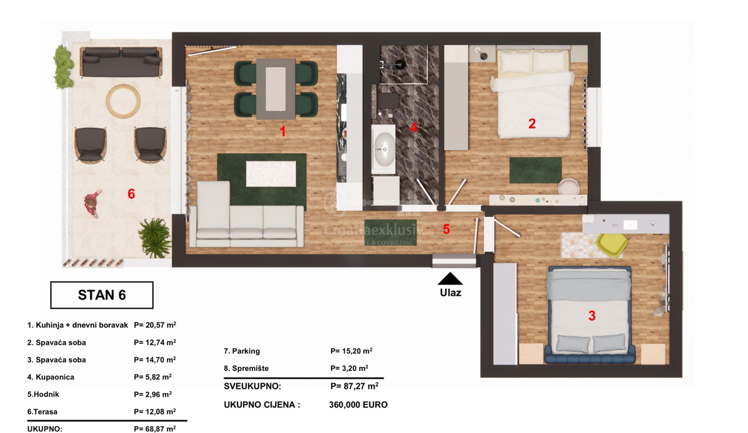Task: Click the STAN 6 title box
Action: pos(102,295)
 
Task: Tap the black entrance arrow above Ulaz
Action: pos(450,278)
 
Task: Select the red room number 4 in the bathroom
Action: pos(413,127)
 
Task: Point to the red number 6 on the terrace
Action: pos(132,194)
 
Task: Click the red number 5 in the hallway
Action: pos(446,229)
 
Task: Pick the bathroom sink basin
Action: pos(385,150)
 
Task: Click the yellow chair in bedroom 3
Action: pos(611,245)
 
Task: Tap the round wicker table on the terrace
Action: pos(123,101)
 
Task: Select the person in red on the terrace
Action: pos(92,204)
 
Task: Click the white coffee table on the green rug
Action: pos(271,174)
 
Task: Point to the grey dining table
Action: pos(276,89)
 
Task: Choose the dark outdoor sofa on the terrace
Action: pos(121,62)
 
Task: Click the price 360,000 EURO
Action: pos(358,405)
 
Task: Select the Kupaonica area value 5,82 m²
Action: pos(153,377)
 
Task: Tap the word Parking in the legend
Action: pos(246,351)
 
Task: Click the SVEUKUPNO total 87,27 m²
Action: pos(354,386)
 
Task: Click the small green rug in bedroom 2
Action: pos(535,170)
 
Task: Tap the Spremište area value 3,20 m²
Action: pos(349,368)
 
